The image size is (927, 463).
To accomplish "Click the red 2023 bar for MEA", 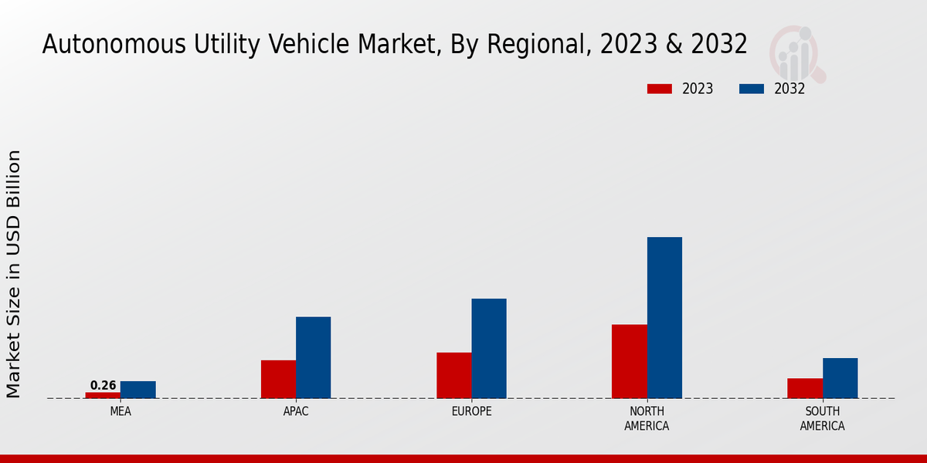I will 103,395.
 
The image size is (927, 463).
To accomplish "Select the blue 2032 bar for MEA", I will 138,390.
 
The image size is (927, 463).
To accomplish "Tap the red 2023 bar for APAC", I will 278,379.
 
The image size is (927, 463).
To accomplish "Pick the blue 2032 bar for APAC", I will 314,357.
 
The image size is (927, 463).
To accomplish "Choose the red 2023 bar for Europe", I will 454,375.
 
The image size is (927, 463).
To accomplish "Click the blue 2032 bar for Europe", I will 489,348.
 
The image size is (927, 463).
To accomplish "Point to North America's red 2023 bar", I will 630,361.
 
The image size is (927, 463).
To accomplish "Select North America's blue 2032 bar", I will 664,317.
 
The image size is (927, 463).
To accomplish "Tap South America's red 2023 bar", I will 805,388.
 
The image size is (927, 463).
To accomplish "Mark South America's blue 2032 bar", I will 840,378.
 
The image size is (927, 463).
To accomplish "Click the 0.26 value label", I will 103,385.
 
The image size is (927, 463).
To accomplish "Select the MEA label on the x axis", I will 121,411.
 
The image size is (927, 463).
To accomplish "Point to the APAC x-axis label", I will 296,411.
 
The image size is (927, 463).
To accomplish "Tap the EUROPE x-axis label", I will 472,411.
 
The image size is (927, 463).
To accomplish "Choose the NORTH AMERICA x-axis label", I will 647,418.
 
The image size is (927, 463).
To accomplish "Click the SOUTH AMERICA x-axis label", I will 823,418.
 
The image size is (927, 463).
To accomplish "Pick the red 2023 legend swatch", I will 660,89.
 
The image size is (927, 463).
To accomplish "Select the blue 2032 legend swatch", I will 752,89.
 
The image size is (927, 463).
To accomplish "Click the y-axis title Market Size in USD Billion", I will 14,274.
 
